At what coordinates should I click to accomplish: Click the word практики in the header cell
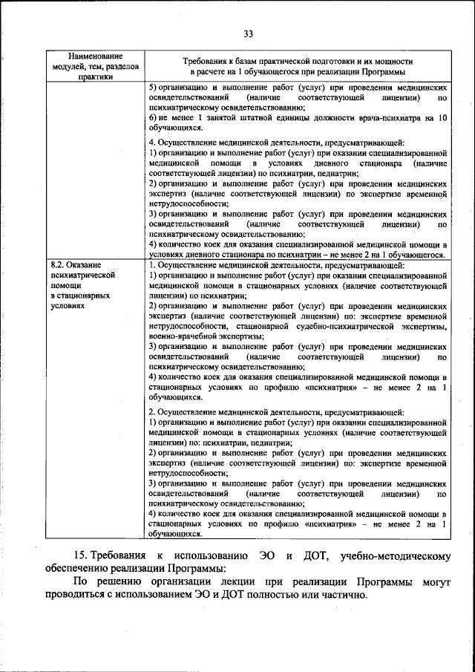click(x=94, y=76)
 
